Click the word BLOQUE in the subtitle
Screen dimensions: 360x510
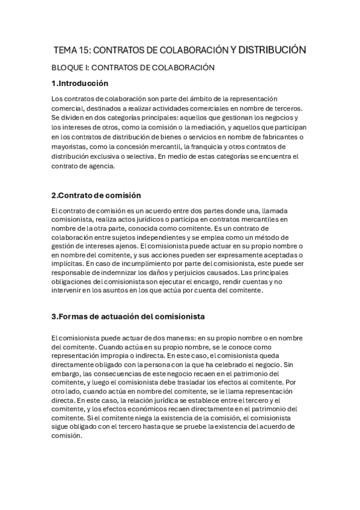(69, 68)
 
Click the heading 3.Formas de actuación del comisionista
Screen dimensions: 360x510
(128, 316)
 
